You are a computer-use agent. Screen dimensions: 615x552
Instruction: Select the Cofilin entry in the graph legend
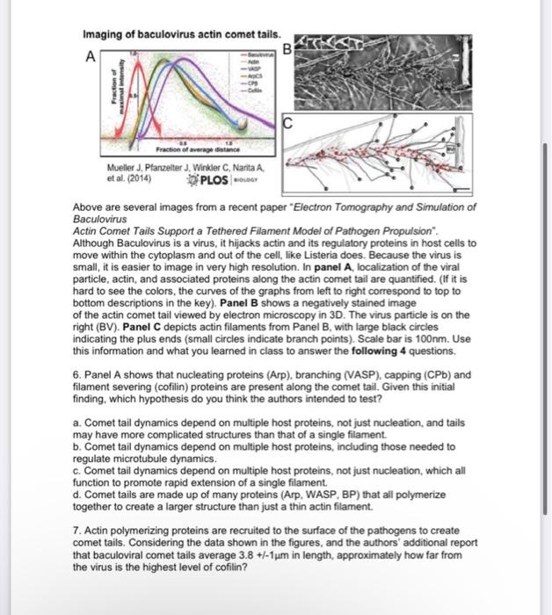pos(257,90)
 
